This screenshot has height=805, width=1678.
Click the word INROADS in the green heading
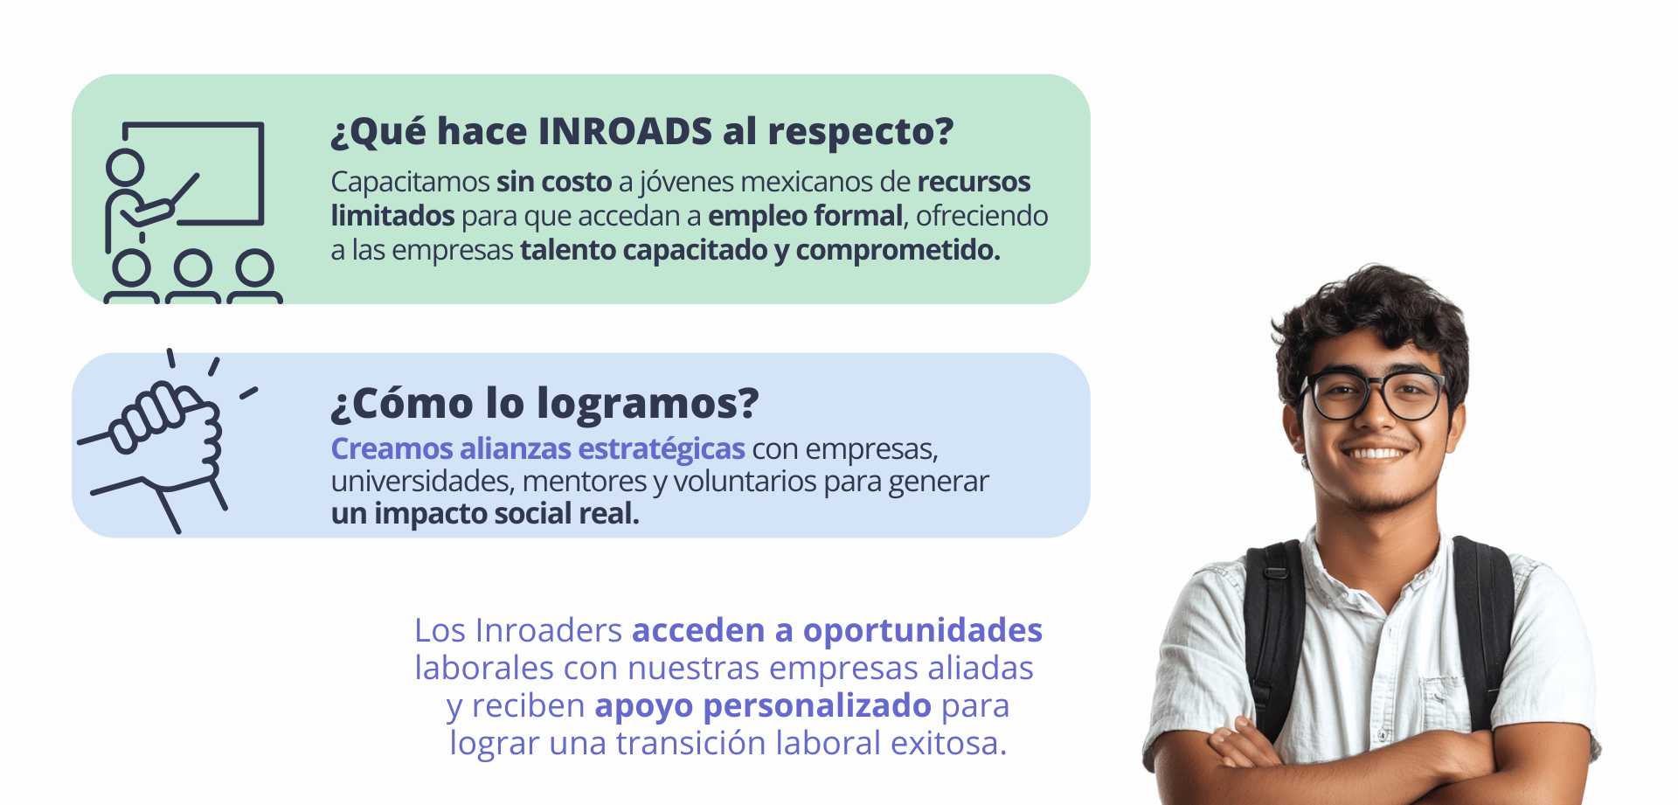click(625, 131)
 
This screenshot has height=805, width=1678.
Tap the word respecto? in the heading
click(860, 133)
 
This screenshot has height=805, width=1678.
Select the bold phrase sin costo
click(554, 182)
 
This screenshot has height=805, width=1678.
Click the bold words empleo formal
click(805, 216)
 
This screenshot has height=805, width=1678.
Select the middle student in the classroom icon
click(193, 278)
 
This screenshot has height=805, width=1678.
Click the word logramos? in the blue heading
click(648, 405)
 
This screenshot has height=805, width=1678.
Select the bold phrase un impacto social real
click(485, 514)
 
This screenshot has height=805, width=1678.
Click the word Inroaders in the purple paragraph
click(549, 630)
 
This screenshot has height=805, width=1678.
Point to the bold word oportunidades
click(923, 631)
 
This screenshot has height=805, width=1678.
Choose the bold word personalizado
click(817, 706)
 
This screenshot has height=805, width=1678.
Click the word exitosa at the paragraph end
click(948, 744)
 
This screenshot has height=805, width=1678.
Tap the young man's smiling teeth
click(1376, 453)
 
